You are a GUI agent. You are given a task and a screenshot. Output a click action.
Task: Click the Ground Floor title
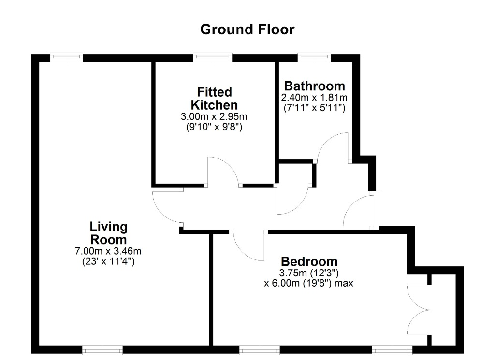point(247,29)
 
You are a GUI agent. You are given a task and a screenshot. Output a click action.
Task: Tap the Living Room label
point(109,233)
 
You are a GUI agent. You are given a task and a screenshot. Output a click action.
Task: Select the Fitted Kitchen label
point(214,99)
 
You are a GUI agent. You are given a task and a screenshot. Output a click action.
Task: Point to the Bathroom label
point(314,86)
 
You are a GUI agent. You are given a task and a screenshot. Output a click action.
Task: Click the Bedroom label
point(309,261)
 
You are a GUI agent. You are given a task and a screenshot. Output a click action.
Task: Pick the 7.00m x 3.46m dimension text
point(108,251)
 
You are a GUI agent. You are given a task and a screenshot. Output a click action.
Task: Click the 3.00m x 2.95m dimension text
point(214,116)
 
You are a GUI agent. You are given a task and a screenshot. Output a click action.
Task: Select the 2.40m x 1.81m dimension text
point(314,97)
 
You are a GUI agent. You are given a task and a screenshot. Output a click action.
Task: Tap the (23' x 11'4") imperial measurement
point(108,261)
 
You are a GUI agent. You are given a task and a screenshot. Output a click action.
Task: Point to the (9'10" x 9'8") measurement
point(214,127)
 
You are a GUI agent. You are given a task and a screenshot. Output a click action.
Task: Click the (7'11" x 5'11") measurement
point(314,108)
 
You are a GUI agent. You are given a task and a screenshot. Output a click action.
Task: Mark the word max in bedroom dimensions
point(344,283)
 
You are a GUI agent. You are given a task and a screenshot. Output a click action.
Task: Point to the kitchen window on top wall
point(213,57)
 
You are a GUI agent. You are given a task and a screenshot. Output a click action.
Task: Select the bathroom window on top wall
point(314,57)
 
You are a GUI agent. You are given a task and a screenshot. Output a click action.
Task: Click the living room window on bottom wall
point(102,349)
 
